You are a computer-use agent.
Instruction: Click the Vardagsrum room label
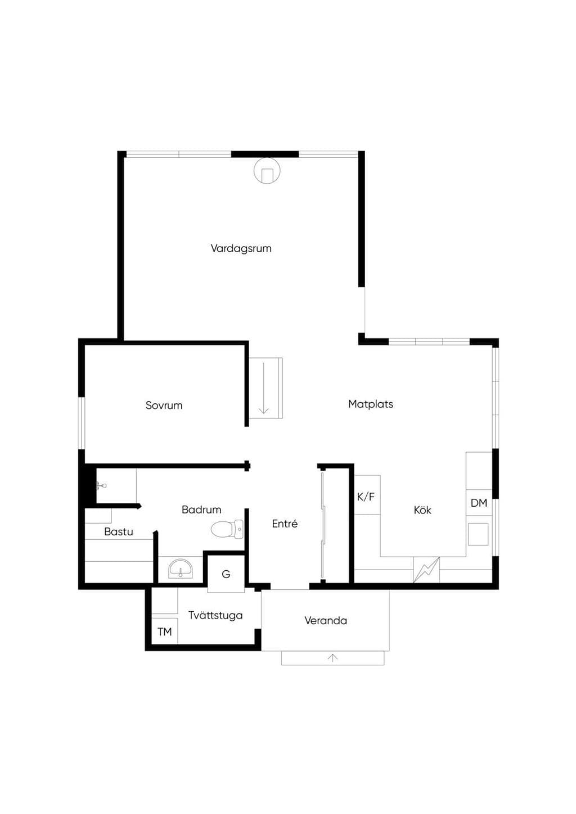[241, 248]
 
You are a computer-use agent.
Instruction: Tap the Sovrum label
[164, 405]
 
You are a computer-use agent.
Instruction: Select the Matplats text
[371, 404]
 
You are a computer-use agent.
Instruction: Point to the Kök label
[422, 510]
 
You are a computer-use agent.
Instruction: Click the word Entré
[285, 524]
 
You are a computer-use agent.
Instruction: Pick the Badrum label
[201, 510]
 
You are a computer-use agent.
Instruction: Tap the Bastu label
[118, 531]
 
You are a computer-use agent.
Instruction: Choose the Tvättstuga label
[215, 616]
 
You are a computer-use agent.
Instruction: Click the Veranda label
[326, 620]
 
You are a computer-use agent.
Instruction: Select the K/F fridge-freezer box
[367, 494]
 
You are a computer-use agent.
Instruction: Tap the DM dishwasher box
[479, 503]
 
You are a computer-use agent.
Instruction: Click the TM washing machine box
[164, 631]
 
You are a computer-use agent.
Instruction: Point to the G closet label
[226, 574]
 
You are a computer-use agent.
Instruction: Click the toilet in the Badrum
[227, 529]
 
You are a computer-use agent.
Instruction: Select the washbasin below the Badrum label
[181, 569]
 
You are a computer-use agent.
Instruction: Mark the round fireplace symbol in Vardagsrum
[267, 170]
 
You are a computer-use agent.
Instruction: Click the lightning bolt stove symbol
[426, 570]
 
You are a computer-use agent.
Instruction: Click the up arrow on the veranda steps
[332, 657]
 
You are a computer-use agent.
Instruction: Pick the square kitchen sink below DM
[478, 534]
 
